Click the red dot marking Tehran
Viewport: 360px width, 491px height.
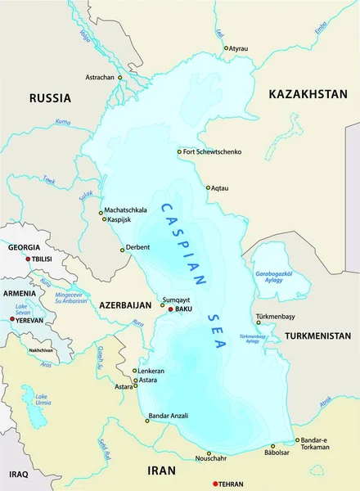coord(215,484)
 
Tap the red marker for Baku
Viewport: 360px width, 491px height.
coord(170,309)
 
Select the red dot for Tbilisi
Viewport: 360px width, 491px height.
coord(29,259)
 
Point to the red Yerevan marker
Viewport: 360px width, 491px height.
coord(12,319)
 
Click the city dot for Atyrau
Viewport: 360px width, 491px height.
coord(227,48)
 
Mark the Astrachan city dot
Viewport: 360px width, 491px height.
coord(119,77)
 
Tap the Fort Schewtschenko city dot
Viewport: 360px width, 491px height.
coord(179,151)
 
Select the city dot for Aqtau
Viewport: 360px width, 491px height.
coord(208,187)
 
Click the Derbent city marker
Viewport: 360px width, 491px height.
coord(122,250)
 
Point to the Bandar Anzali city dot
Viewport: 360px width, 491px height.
coord(148,421)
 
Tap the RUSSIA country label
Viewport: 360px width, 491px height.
coord(50,97)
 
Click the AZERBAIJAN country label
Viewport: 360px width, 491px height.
coord(126,304)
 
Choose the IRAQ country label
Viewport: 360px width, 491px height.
coord(18,474)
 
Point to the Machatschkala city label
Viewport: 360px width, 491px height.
coord(124,209)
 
